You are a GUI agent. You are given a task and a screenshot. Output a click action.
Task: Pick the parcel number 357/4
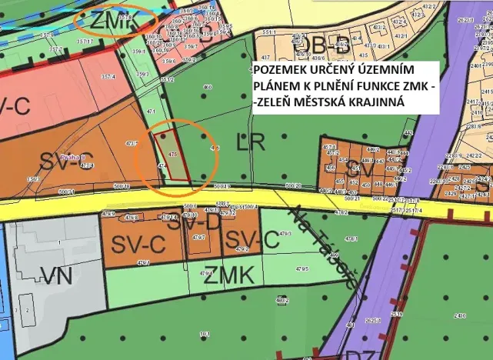[106, 77]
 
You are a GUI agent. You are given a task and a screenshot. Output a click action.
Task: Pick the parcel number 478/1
[352, 239]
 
